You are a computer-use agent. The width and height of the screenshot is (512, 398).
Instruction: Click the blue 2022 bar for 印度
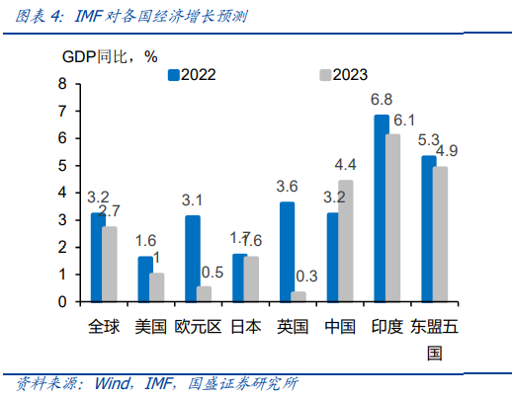381,208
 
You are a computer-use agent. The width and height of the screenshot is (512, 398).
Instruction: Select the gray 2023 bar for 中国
346,241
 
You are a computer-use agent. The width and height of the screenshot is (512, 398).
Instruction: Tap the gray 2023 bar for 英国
299,296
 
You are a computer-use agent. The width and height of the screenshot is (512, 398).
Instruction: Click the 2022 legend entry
192,74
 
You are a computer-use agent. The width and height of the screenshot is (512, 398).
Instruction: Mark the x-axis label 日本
245,327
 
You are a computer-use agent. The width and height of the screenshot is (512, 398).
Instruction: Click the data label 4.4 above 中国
346,164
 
